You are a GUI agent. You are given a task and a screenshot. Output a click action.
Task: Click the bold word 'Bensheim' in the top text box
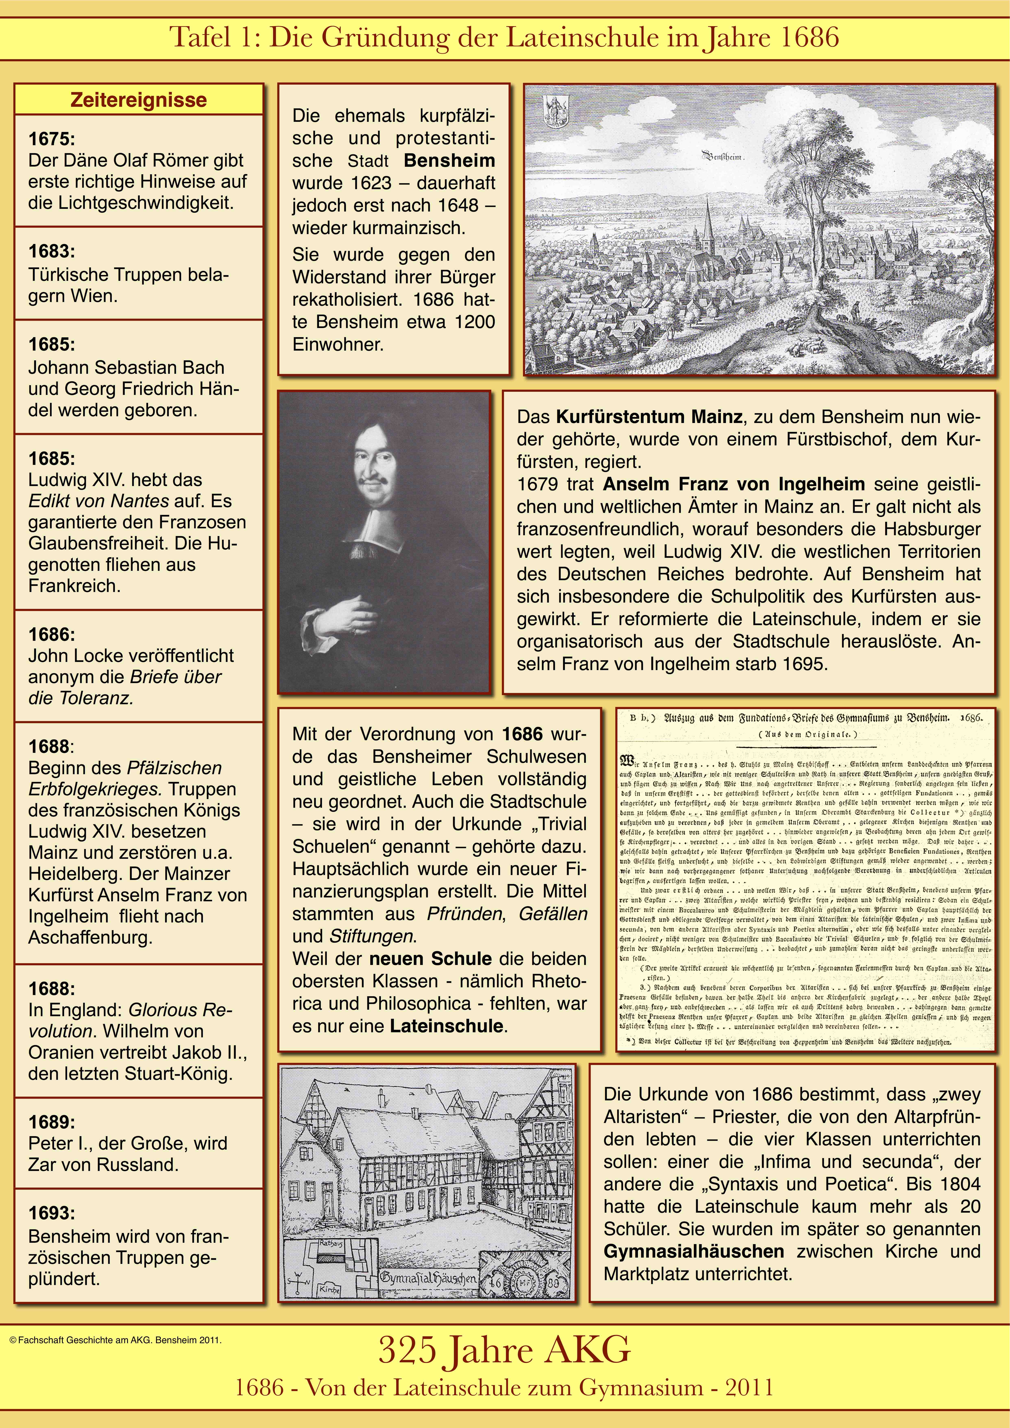(449, 160)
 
